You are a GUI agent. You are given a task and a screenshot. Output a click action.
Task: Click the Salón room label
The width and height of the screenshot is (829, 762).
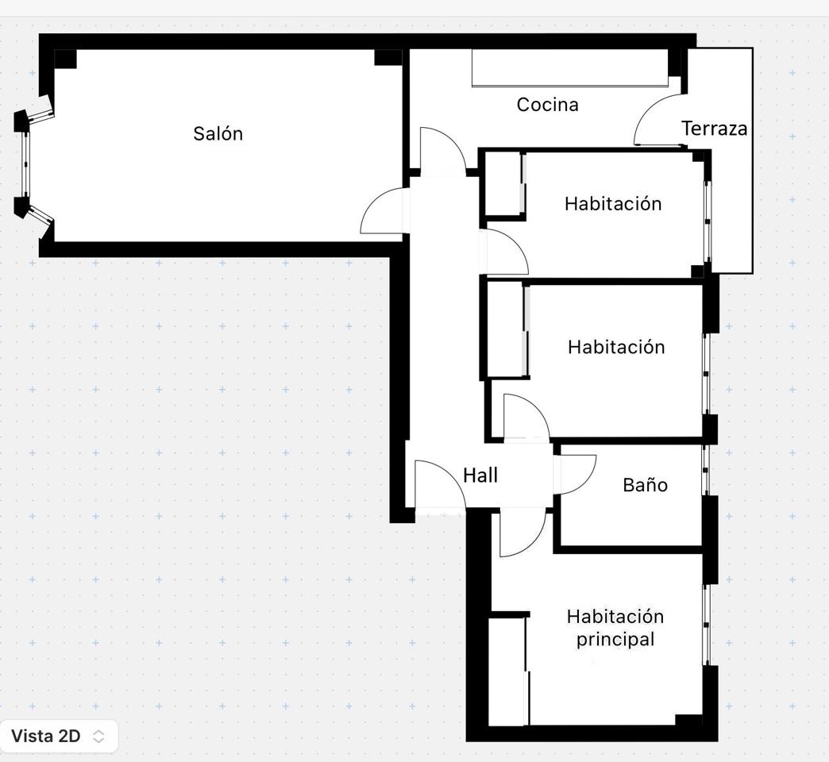pos(218,133)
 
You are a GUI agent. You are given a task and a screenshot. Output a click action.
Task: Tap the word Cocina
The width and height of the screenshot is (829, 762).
pos(548,105)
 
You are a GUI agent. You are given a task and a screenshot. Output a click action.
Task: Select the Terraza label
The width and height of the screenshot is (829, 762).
pos(715,129)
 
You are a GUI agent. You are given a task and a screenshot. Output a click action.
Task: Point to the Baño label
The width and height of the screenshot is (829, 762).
pos(645,484)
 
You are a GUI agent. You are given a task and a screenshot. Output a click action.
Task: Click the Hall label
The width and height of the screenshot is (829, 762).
pos(480,475)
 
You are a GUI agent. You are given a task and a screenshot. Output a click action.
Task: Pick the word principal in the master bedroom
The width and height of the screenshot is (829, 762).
pos(615,640)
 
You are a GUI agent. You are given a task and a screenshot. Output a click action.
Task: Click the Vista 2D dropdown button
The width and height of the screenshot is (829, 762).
pos(59,736)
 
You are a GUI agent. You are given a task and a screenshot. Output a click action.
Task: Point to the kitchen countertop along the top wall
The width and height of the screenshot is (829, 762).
pos(569,67)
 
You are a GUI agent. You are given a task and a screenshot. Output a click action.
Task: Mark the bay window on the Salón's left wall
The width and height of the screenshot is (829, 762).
pos(26,164)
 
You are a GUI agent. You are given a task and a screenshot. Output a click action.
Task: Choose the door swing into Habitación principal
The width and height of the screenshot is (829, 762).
pos(523,533)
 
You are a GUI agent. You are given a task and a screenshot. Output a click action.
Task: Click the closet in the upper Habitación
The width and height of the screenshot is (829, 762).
pos(504,183)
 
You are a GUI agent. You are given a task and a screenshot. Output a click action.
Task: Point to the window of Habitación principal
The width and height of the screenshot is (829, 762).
pos(706,625)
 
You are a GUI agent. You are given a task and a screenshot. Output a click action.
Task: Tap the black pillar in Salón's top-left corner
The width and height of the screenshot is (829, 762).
pos(65,59)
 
